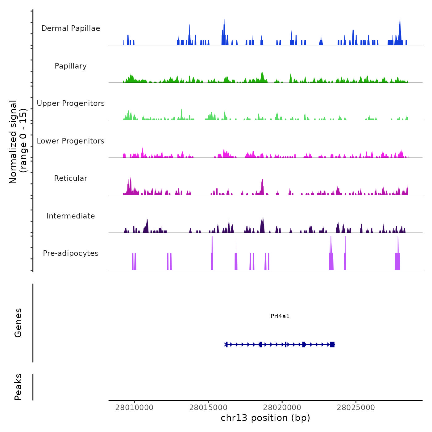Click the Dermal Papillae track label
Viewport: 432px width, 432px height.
71,28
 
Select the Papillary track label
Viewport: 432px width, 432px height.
71,66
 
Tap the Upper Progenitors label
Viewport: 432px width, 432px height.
71,103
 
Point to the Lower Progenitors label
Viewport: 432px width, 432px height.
71,141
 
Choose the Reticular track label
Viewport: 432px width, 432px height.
71,178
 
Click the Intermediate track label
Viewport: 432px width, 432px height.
71,216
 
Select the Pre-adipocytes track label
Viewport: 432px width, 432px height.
71,253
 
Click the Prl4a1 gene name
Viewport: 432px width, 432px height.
280,316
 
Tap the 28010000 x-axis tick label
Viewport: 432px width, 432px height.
134,407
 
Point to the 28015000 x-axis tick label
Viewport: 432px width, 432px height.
208,407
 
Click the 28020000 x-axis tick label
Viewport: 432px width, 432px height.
282,407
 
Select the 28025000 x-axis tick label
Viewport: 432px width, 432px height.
356,407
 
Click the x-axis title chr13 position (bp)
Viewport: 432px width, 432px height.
265,418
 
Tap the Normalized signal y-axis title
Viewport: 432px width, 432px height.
18,142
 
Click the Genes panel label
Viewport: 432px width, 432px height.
18,323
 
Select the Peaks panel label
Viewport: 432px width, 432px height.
18,387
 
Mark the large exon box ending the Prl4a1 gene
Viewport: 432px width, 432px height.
332,344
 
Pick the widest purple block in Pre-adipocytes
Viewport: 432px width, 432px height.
397,261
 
